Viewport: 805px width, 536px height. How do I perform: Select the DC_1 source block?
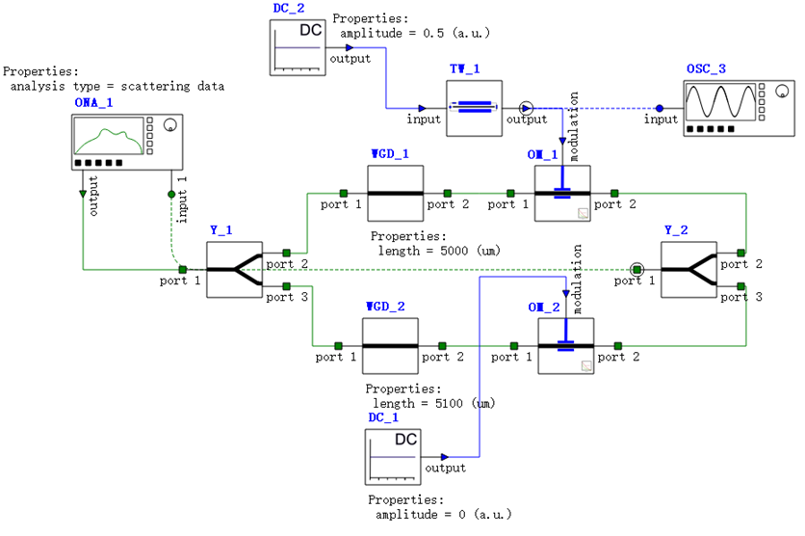pyautogui.click(x=393, y=457)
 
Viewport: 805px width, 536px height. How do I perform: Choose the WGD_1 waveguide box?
pyautogui.click(x=396, y=193)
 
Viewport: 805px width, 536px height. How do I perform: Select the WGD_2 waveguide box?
pyautogui.click(x=389, y=345)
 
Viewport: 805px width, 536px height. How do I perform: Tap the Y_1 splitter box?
pyautogui.click(x=234, y=270)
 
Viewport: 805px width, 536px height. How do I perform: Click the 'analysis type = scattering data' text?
pyautogui.click(x=117, y=87)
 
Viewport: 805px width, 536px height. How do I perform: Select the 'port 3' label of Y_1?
pyautogui.click(x=287, y=297)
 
